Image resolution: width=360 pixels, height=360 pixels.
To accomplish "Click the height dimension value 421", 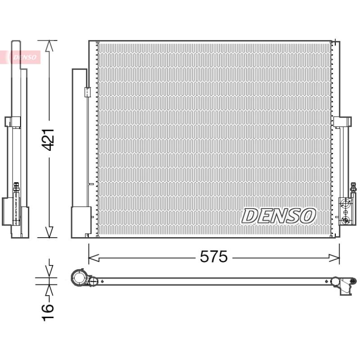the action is coord(49,139).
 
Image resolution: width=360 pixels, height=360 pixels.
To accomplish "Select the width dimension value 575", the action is coord(214,256).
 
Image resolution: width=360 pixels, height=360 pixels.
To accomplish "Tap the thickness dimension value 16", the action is coord(48,312).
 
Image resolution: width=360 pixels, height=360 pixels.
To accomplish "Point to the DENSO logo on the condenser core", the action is coord(279,216).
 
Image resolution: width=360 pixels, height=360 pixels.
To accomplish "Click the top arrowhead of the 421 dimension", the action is coord(49,46).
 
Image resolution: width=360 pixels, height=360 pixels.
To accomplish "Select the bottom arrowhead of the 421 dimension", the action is coord(49,232).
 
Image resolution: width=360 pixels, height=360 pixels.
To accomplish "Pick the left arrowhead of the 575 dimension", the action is coord(94,258).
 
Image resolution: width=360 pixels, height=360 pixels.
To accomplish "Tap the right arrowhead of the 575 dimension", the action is coord(334,258).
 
